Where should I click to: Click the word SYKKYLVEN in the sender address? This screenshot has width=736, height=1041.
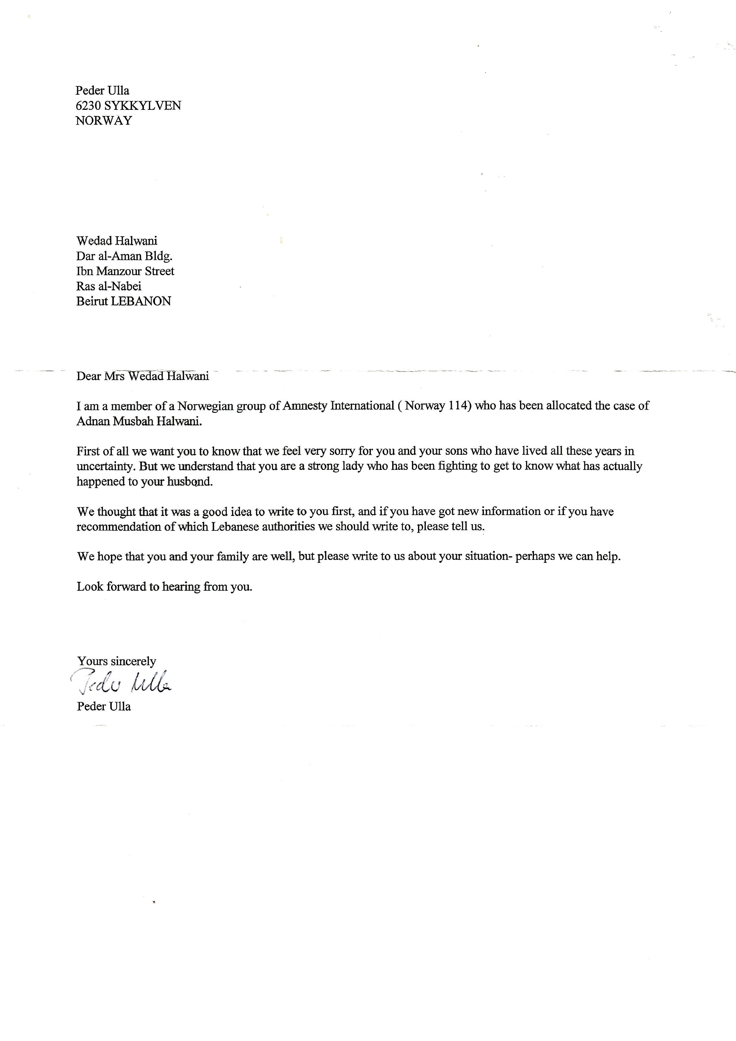coord(143,106)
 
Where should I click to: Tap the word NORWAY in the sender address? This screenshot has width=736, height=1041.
coord(104,121)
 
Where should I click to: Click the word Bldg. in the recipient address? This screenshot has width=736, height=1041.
coord(159,256)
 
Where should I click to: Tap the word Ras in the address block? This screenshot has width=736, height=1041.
coord(85,286)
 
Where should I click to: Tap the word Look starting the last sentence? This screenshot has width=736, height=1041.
coord(90,587)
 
